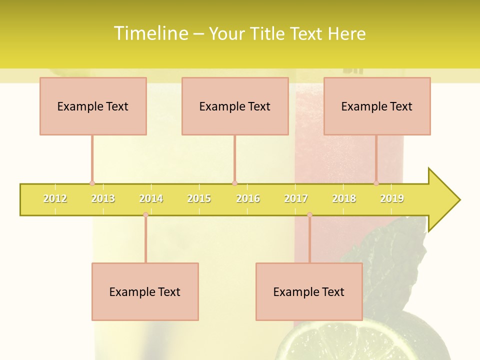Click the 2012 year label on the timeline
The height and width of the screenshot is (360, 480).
pyautogui.click(x=55, y=198)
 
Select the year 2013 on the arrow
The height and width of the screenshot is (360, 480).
pyautogui.click(x=103, y=198)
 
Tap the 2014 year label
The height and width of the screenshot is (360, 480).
pyautogui.click(x=151, y=198)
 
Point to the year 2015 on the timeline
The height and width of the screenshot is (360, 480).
pyautogui.click(x=199, y=198)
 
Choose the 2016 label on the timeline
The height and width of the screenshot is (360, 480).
pyautogui.click(x=248, y=198)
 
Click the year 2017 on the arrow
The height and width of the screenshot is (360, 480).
pyautogui.click(x=296, y=198)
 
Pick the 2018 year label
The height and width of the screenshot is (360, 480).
pyautogui.click(x=344, y=198)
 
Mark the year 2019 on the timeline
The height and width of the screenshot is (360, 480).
pyautogui.click(x=392, y=198)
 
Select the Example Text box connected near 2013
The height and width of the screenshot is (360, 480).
pyautogui.click(x=93, y=106)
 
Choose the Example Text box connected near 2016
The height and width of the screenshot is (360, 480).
pyautogui.click(x=235, y=106)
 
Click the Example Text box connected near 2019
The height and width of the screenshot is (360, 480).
pyautogui.click(x=377, y=106)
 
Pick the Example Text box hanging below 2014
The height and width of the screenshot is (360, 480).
pyautogui.click(x=145, y=291)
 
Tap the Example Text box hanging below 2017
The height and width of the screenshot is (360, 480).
pyautogui.click(x=309, y=291)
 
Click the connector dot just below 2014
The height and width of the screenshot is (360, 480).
pyautogui.click(x=145, y=214)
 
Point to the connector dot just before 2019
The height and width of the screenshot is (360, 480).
pyautogui.click(x=376, y=183)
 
